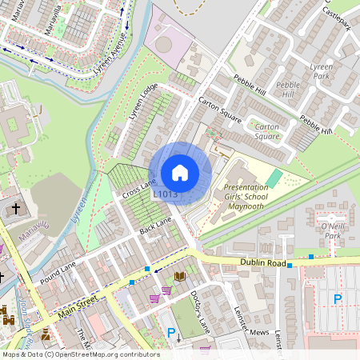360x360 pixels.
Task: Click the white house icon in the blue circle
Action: point(180,173)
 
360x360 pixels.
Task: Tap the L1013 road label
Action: point(165,194)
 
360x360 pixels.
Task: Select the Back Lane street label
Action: point(156,226)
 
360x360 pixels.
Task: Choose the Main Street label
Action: point(78,305)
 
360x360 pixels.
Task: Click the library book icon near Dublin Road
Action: point(180,276)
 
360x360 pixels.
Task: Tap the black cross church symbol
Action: point(15,210)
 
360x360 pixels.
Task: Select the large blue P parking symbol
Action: point(337,299)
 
